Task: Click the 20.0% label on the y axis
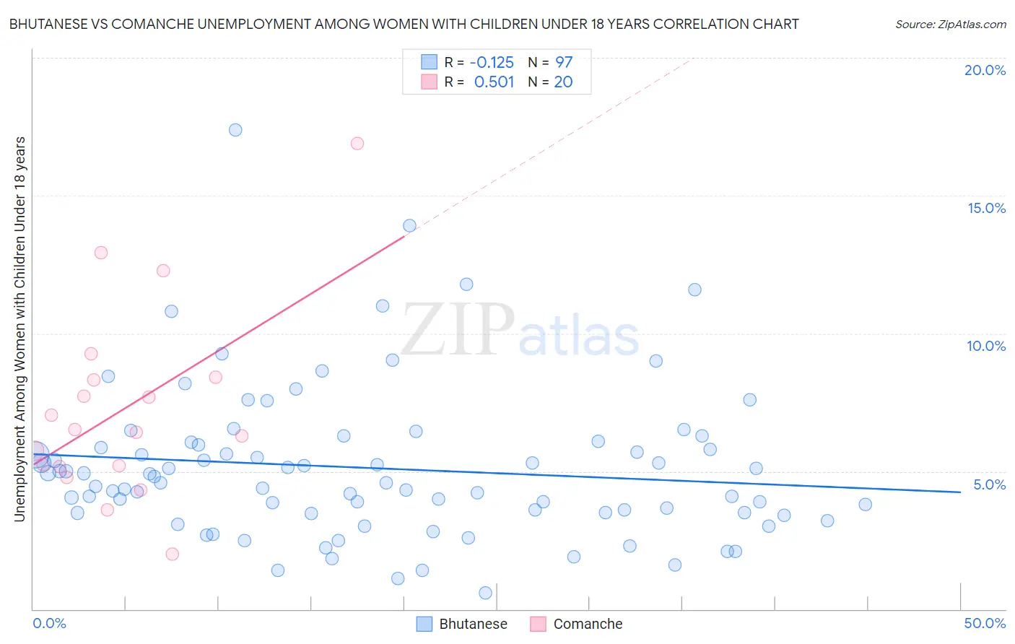point(985,70)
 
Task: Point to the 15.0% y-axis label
point(986,208)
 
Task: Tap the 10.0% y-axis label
point(986,346)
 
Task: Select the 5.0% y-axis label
point(989,484)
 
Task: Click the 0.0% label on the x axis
point(49,623)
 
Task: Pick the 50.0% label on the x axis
point(985,623)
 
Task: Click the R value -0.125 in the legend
point(492,62)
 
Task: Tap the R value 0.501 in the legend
point(494,82)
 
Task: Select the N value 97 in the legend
point(564,62)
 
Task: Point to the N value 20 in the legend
point(563,82)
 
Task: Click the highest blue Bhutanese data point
point(235,130)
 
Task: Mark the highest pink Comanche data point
point(357,143)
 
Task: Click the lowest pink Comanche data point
point(172,554)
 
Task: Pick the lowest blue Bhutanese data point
point(485,593)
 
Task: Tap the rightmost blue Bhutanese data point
point(865,505)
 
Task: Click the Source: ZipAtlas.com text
point(950,25)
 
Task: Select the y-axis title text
point(19,328)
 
